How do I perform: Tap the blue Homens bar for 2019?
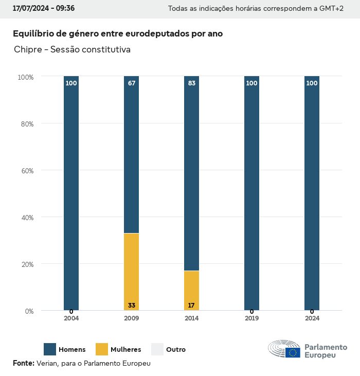tap(251, 193)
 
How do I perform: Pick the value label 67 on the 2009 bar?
tap(132, 83)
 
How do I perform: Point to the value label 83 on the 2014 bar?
tap(191, 83)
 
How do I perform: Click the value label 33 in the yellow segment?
tap(132, 306)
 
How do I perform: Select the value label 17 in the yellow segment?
tap(191, 306)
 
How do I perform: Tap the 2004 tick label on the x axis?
tap(71, 318)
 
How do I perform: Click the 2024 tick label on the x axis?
tap(312, 318)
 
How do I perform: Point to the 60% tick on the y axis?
tap(26, 171)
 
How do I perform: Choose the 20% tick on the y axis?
tap(26, 264)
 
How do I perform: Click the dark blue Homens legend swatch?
tap(50, 349)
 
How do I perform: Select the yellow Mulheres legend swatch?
tap(102, 349)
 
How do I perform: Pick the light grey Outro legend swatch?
tap(157, 349)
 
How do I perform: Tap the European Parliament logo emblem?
tap(284, 349)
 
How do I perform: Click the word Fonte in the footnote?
tap(23, 364)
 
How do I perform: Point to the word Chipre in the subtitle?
tap(26, 50)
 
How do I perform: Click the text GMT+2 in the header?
tap(332, 9)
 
